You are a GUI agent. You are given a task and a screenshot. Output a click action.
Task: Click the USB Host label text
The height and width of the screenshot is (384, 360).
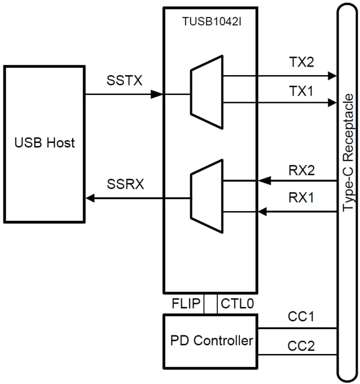pos(45,143)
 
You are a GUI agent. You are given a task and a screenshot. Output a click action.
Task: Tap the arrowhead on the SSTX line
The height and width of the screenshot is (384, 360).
pos(158,94)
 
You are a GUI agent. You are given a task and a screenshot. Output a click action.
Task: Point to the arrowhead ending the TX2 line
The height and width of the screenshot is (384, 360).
pos(331,75)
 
